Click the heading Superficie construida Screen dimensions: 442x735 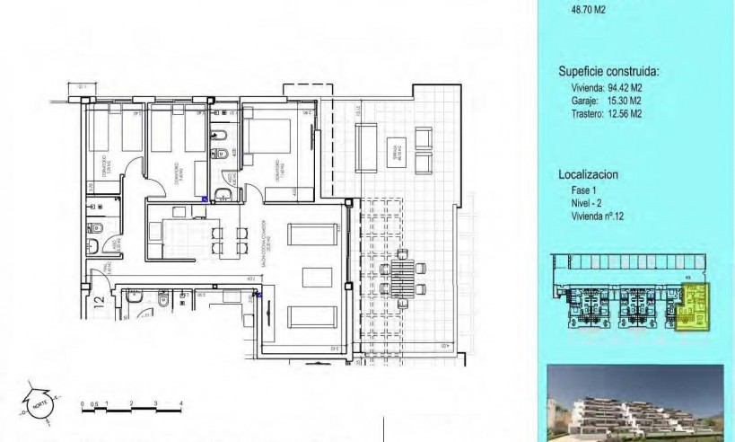pyautogui.click(x=608, y=71)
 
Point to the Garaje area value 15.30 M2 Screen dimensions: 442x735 pyautogui.click(x=620, y=102)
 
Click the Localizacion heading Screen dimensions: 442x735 pyautogui.click(x=588, y=175)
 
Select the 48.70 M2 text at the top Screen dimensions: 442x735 pyautogui.click(x=589, y=11)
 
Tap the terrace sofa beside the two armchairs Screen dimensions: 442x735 pyautogui.click(x=366, y=148)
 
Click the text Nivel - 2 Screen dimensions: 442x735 pyautogui.click(x=588, y=205)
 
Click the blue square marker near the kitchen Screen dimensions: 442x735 pyautogui.click(x=205, y=199)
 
